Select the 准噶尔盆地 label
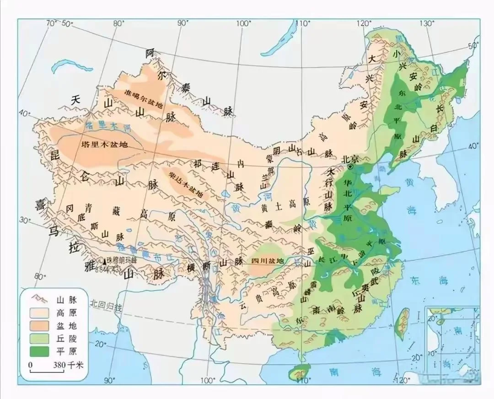click(144, 104)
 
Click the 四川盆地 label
click(268, 261)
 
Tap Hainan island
click(299, 371)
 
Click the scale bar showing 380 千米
click(47, 371)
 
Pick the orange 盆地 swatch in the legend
click(39, 326)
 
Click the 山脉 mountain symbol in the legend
click(39, 300)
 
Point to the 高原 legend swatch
click(39, 313)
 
